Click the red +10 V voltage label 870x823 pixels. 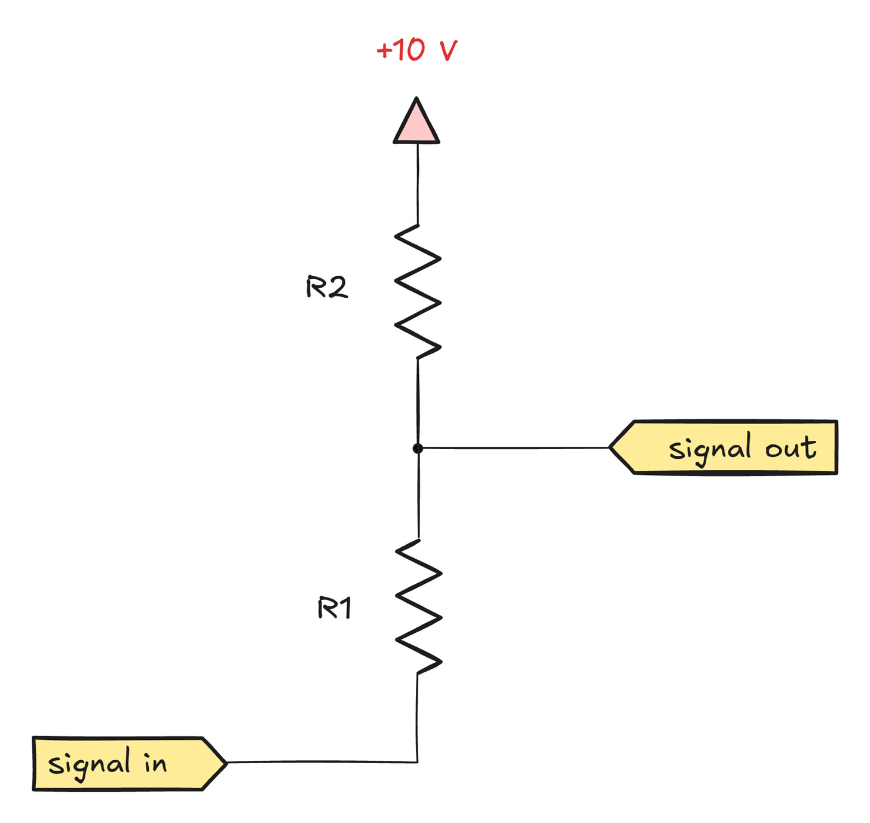coord(416,50)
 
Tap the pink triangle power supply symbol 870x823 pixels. coord(416,124)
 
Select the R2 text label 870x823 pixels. coord(326,288)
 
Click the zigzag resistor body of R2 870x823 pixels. coord(418,292)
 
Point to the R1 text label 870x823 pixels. coord(335,608)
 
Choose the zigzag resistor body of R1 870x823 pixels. coord(418,606)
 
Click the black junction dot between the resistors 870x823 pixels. coord(418,448)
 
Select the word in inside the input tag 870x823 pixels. coord(155,763)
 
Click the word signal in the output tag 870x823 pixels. coord(710,449)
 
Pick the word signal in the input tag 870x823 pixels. coord(89,764)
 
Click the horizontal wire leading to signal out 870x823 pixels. coord(514,447)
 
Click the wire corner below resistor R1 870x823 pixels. coord(417,762)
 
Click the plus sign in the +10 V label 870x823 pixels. coord(384,50)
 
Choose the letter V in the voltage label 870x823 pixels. coord(448,51)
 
